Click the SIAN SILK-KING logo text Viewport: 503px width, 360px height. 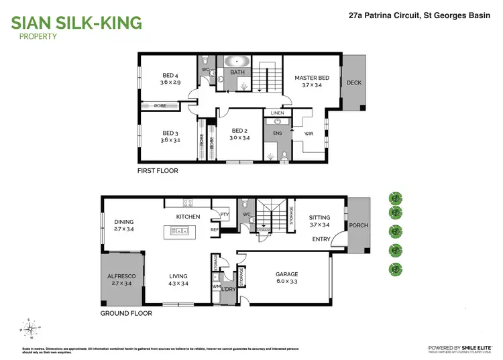(76, 23)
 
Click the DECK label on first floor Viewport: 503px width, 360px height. (353, 82)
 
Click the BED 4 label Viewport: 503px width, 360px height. (170, 75)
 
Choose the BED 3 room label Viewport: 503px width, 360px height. (170, 133)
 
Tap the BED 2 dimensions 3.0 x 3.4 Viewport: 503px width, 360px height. (241, 138)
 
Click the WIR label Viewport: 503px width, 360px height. (309, 134)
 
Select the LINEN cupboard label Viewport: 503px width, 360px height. (277, 113)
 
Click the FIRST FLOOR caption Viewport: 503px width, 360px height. (158, 171)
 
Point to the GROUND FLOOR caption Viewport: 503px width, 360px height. (126, 313)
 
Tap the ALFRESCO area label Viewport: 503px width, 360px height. (121, 276)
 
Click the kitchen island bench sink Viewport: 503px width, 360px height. (181, 231)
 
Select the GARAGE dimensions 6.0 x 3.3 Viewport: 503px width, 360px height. (286, 282)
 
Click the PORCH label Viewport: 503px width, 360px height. (359, 225)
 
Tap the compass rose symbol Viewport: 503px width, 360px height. (28, 327)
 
